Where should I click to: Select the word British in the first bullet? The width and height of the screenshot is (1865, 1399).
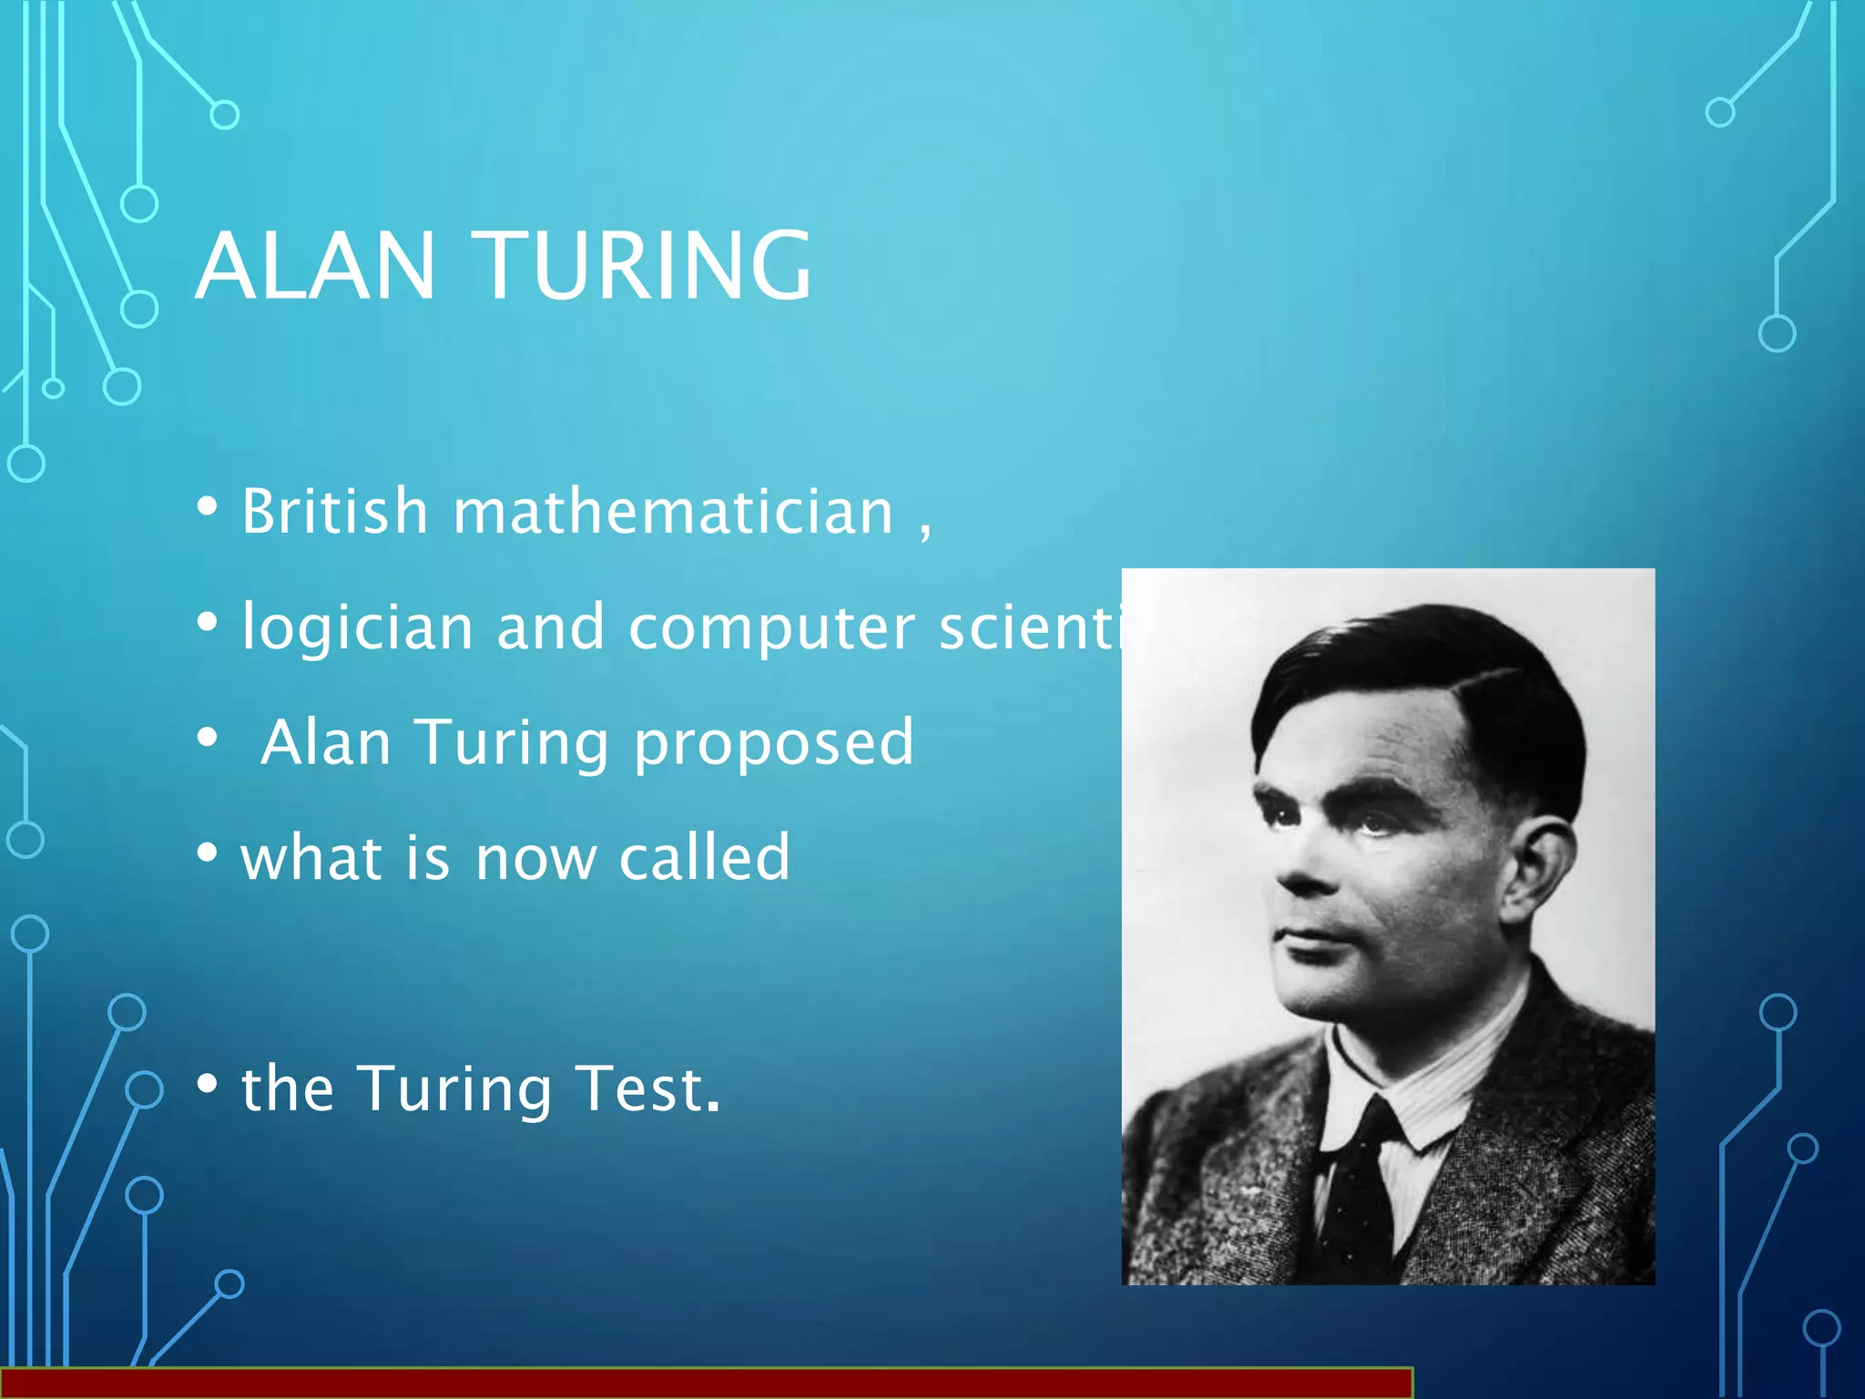click(x=334, y=511)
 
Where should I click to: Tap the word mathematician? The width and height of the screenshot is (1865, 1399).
click(x=674, y=511)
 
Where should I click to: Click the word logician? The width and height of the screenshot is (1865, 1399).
click(x=357, y=628)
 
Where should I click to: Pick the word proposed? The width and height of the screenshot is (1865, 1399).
click(x=773, y=743)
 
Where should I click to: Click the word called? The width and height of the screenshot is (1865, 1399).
click(x=704, y=858)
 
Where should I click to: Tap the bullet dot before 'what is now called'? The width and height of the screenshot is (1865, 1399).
click(x=208, y=853)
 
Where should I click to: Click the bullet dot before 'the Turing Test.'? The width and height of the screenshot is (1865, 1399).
click(x=208, y=1084)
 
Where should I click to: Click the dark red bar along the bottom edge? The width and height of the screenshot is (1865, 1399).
click(x=706, y=1384)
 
